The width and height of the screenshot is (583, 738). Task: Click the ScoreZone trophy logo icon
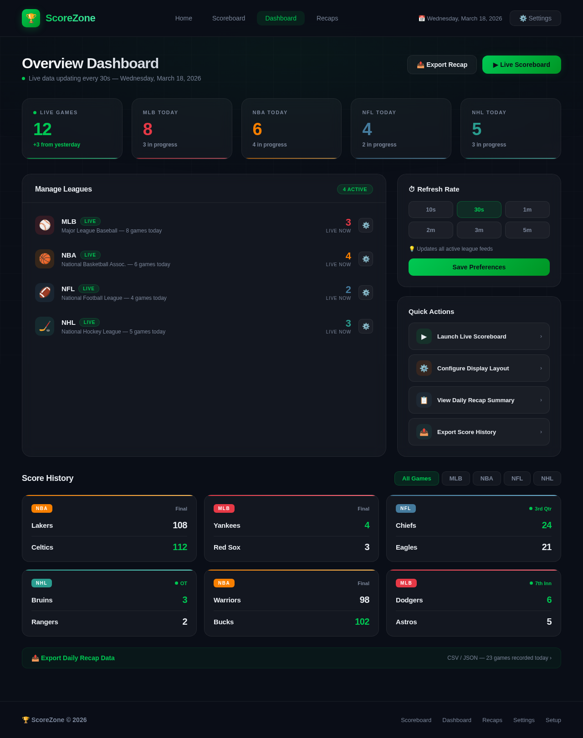[31, 18]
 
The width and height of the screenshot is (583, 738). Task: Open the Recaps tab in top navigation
[327, 18]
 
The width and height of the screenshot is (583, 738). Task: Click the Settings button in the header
[535, 18]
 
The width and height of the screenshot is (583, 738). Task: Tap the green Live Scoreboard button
[522, 65]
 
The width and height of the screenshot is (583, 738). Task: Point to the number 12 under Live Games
[42, 130]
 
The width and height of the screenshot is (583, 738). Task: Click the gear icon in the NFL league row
[366, 293]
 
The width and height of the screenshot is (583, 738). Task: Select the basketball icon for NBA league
[45, 259]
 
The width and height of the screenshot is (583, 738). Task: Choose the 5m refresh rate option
[527, 230]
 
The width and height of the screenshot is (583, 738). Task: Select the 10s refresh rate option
[430, 210]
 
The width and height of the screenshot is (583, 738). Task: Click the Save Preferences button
[479, 267]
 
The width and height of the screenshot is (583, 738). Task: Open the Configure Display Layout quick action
[479, 368]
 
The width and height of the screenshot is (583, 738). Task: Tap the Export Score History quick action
[479, 432]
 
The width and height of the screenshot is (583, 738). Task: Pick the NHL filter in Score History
[547, 479]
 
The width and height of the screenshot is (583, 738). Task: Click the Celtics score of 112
[179, 547]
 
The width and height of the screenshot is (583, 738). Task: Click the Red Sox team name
[227, 547]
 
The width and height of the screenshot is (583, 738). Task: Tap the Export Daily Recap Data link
[73, 658]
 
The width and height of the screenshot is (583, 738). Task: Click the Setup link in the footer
[553, 720]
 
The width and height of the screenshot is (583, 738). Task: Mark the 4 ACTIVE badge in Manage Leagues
[355, 189]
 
